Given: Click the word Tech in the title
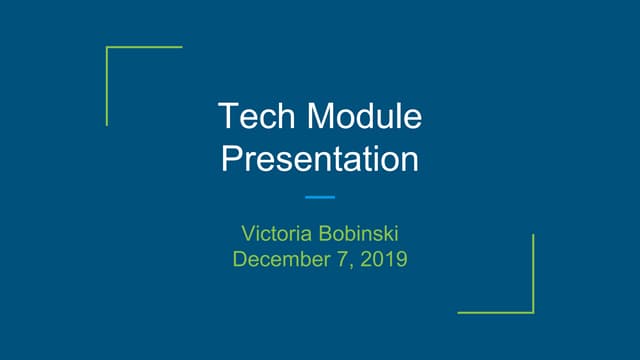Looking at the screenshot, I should pos(254,118).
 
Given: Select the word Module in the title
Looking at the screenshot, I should pos(364,118).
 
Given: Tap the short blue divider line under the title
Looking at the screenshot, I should pos(320,197).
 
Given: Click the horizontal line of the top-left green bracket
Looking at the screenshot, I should pos(145,46).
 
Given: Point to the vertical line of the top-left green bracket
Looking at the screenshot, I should pos(107,86).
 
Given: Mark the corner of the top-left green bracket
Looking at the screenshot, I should pos(107,46).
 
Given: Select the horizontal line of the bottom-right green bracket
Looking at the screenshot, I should pos(495,313).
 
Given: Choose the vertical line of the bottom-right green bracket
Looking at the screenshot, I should pos(533,273).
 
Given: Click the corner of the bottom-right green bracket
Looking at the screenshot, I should pos(533,313).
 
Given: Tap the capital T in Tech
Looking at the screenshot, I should pos(228,118).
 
